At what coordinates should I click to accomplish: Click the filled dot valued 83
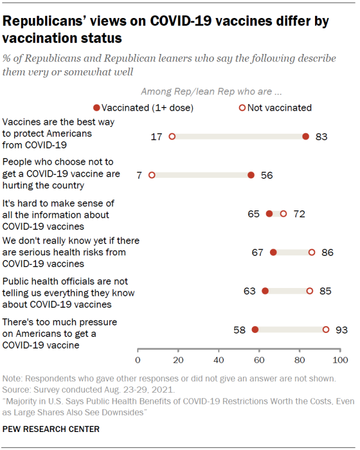(x=305, y=136)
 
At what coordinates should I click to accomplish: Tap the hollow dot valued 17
(x=172, y=136)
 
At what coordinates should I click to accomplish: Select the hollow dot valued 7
(x=152, y=175)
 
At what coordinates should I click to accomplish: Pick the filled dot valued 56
(x=251, y=175)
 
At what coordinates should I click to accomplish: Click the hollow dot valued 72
(x=283, y=214)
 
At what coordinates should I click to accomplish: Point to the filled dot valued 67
(x=273, y=253)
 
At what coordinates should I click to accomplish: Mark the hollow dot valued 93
(x=326, y=330)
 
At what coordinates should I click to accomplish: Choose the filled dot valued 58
(x=255, y=330)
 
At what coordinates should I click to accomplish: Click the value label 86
(x=327, y=253)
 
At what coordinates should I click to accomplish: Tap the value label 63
(x=250, y=291)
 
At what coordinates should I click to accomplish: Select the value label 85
(x=325, y=291)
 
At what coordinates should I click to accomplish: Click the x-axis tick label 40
(x=219, y=359)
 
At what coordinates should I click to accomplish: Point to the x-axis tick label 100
(x=340, y=359)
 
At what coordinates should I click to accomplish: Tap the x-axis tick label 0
(x=138, y=359)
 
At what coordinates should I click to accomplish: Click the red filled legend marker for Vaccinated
(x=97, y=107)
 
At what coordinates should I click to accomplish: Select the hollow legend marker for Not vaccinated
(x=242, y=107)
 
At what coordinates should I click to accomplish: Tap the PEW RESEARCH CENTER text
(x=51, y=429)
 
